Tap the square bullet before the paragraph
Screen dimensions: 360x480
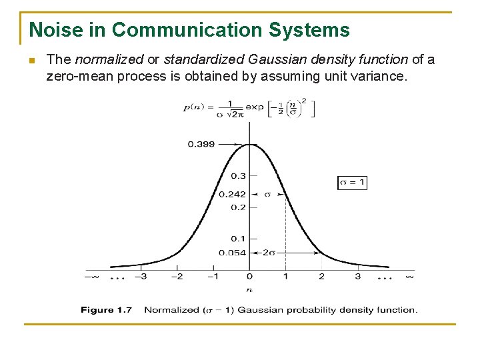tap(31, 61)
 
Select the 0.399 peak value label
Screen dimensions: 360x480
tap(201, 144)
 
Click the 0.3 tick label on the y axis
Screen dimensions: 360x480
tap(238, 176)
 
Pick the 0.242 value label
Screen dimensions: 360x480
tap(232, 195)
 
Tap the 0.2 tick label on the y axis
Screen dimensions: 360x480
tap(238, 207)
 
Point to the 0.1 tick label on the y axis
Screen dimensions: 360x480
tap(238, 239)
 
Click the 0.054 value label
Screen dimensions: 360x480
tap(232, 253)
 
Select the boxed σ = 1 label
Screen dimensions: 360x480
tap(352, 182)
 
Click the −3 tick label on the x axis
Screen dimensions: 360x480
tap(140, 276)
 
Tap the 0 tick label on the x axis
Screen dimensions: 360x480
tap(249, 276)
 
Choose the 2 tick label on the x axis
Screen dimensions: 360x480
tap(321, 276)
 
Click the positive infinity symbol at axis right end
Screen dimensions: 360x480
tap(409, 275)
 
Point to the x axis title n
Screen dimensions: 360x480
tap(249, 290)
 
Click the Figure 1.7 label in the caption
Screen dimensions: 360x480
tap(107, 309)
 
